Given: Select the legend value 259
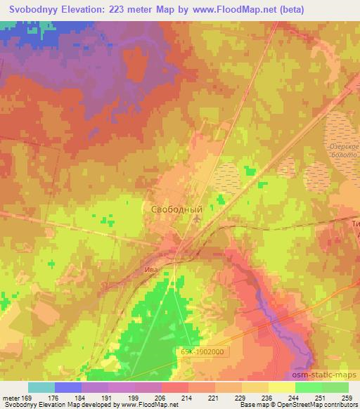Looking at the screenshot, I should tap(347, 398).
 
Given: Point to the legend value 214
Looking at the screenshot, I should tap(187, 398).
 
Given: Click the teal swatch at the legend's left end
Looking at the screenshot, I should tap(41, 387).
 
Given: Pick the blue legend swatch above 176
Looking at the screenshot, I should tap(67, 387).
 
